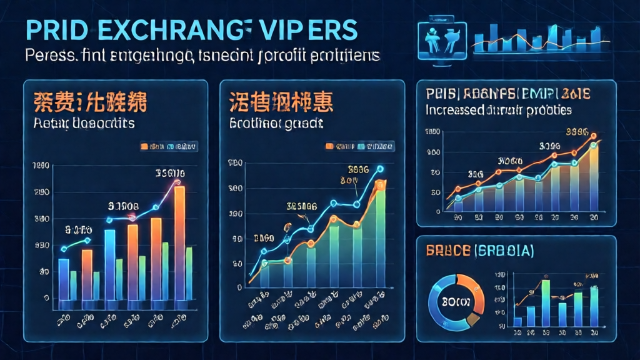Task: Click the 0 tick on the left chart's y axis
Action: coord(46,299)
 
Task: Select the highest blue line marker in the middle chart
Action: coord(379,168)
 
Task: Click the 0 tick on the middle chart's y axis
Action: coord(240,287)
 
